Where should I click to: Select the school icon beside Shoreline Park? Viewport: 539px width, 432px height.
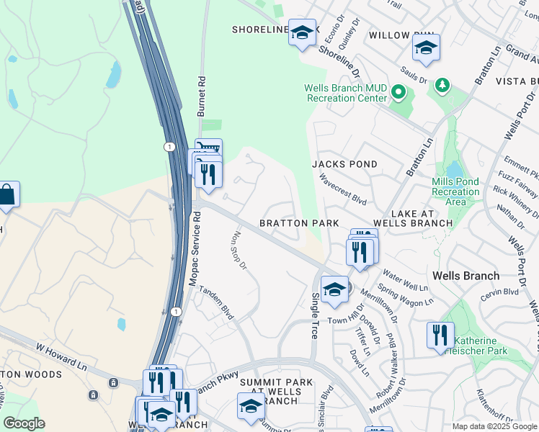coord(302,33)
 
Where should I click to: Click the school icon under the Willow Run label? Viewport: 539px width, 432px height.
coord(426,48)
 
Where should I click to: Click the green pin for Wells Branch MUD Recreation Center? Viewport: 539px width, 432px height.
coord(398,92)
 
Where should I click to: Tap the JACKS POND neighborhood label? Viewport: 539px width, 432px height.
coord(344,164)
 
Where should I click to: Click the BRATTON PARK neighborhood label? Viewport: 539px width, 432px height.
coord(299,224)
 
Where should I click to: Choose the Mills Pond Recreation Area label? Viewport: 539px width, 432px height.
coord(455,192)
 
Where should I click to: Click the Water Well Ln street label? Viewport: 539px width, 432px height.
coord(406,276)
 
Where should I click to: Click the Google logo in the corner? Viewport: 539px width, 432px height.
coord(24,423)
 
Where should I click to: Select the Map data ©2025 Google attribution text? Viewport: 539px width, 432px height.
coord(494,426)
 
